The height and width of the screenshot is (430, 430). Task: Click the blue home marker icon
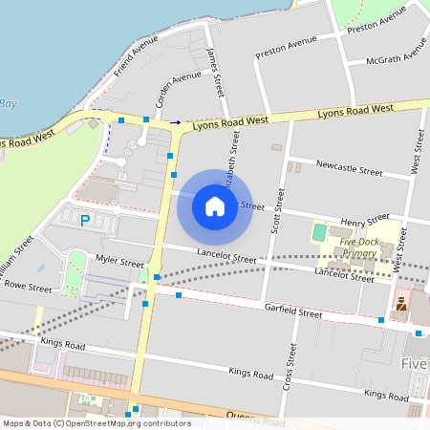click(x=215, y=204)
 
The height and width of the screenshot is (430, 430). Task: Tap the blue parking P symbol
click(x=85, y=221)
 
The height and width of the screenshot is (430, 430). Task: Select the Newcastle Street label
click(x=349, y=168)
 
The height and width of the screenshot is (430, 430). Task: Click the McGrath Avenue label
click(x=396, y=57)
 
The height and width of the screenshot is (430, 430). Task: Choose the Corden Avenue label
click(x=179, y=89)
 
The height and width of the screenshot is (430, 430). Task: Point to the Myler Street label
click(x=118, y=261)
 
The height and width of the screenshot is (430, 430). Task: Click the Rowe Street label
click(x=28, y=286)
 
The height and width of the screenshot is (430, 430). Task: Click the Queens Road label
click(x=256, y=418)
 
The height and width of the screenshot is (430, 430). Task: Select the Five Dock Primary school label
click(x=367, y=247)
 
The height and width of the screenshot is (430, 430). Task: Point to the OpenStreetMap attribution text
click(x=96, y=422)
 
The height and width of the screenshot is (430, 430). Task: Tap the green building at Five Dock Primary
click(x=319, y=232)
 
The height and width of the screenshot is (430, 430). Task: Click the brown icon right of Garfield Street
click(x=402, y=305)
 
